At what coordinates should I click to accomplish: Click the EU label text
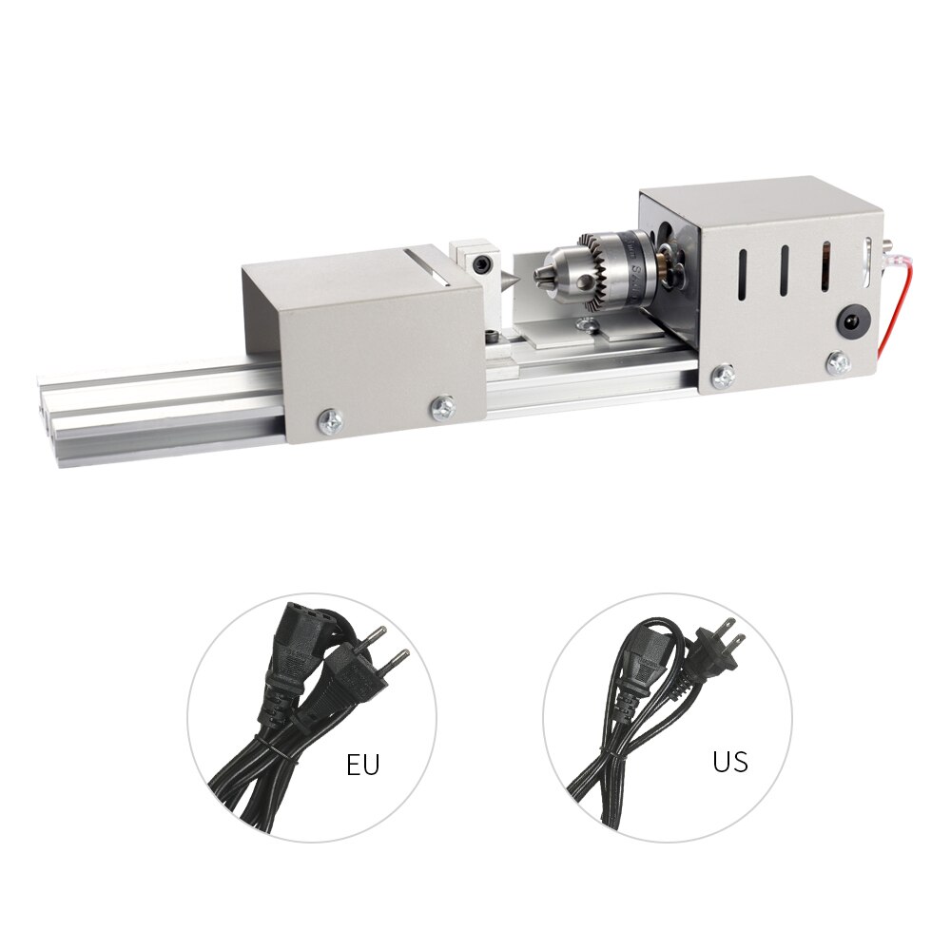362,766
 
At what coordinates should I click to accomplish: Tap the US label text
729,762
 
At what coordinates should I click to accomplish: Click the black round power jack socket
849,321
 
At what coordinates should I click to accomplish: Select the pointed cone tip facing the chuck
510,281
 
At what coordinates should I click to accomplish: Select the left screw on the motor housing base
725,376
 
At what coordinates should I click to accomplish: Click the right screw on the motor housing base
837,361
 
